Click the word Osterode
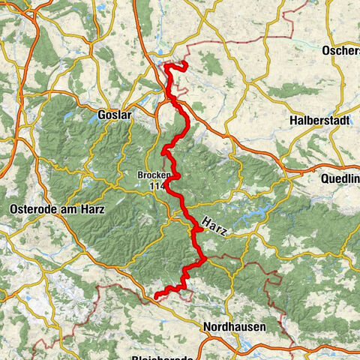click(33, 208)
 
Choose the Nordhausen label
click(232, 328)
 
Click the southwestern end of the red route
click(156, 297)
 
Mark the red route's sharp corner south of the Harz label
click(203, 259)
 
